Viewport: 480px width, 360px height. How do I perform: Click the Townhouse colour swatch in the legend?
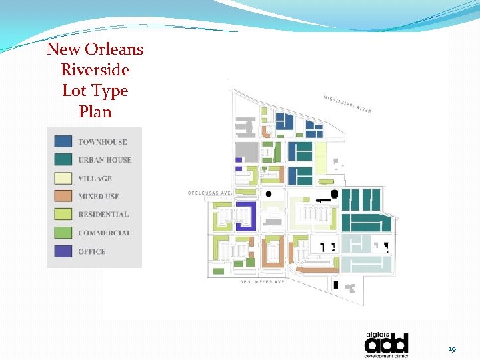coord(63,141)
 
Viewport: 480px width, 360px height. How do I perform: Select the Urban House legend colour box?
coord(63,159)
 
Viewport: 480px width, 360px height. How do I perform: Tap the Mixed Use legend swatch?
coord(63,196)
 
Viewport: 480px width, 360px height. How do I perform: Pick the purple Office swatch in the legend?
coord(63,251)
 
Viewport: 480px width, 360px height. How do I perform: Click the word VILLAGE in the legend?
coord(95,179)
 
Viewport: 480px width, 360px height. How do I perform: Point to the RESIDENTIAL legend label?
coord(103,215)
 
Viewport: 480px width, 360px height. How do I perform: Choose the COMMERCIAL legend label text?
coord(104,233)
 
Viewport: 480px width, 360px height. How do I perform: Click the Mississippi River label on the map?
coord(348,103)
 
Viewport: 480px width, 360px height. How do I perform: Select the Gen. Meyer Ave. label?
coord(263,282)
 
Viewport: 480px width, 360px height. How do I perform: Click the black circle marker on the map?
coord(268,194)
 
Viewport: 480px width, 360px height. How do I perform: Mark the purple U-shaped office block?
coord(246,217)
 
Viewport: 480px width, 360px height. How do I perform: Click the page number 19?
coord(452,349)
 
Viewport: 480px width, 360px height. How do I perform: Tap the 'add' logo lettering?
coord(386,345)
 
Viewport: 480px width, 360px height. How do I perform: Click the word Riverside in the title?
coord(95,70)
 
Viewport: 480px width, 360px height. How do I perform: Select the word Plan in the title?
coord(95,111)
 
